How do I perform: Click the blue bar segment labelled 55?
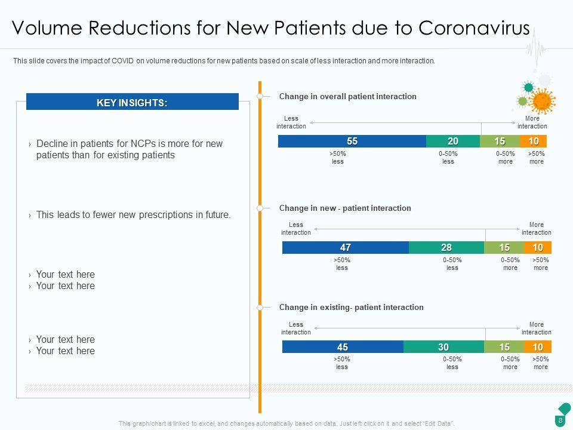click(x=352, y=142)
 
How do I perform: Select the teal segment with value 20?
click(x=453, y=142)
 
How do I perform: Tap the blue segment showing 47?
click(x=345, y=248)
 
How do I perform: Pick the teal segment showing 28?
click(x=446, y=248)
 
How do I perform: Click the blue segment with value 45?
click(x=343, y=346)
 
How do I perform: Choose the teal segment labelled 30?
click(x=443, y=346)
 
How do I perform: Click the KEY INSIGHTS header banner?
click(x=132, y=103)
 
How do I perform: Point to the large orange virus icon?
click(x=542, y=100)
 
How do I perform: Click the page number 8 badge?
click(x=560, y=420)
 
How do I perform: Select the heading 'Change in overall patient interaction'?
click(x=348, y=96)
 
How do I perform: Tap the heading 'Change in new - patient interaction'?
click(x=345, y=208)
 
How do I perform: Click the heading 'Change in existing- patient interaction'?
click(x=351, y=307)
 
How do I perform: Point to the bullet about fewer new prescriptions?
click(x=133, y=215)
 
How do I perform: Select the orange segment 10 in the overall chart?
click(x=533, y=142)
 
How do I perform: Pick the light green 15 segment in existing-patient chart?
click(x=504, y=346)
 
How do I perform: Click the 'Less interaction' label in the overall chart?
click(x=291, y=122)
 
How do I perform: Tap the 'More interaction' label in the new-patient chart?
click(x=537, y=229)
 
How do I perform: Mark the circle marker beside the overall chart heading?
click(x=260, y=96)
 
